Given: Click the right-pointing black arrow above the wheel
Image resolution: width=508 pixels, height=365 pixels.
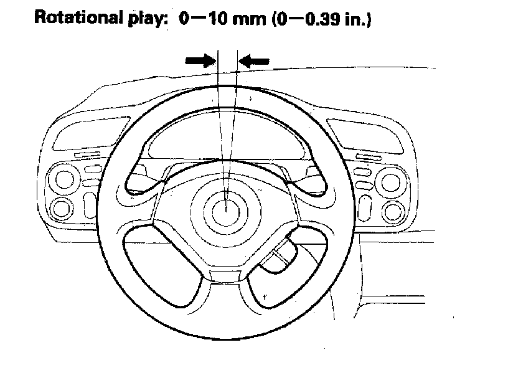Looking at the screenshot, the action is tap(199, 60).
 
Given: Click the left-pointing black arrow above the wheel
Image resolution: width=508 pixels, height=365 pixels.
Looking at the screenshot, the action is tap(255, 60).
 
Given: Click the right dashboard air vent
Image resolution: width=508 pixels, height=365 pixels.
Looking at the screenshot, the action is tap(367, 137).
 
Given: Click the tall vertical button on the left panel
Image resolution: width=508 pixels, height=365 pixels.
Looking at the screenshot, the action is tap(90, 202).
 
